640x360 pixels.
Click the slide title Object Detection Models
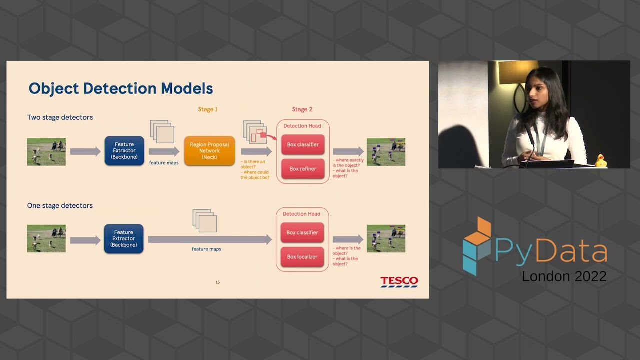pyautogui.click(x=121, y=89)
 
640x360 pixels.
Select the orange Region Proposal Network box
pyautogui.click(x=209, y=151)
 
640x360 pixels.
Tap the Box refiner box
pyautogui.click(x=303, y=169)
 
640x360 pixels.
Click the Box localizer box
pyautogui.click(x=302, y=257)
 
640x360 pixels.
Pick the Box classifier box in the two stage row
pyautogui.click(x=303, y=145)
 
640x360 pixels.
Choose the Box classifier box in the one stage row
pyautogui.click(x=302, y=233)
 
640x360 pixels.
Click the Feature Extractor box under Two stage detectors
pyautogui.click(x=124, y=151)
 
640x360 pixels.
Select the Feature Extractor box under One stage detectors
pyautogui.click(x=124, y=239)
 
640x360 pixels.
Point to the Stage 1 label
pyautogui.click(x=208, y=109)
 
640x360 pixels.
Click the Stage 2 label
pyautogui.click(x=302, y=109)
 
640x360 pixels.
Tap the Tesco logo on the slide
pyautogui.click(x=399, y=282)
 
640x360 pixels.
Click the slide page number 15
pyautogui.click(x=218, y=282)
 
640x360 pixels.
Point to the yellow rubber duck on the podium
pyautogui.click(x=600, y=161)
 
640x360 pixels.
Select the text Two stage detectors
pyautogui.click(x=60, y=117)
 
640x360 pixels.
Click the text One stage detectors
pyautogui.click(x=60, y=205)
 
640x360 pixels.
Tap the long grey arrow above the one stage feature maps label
pyautogui.click(x=210, y=240)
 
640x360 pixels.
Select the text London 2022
pyautogui.click(x=564, y=276)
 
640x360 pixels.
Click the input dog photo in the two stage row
pyautogui.click(x=46, y=152)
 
